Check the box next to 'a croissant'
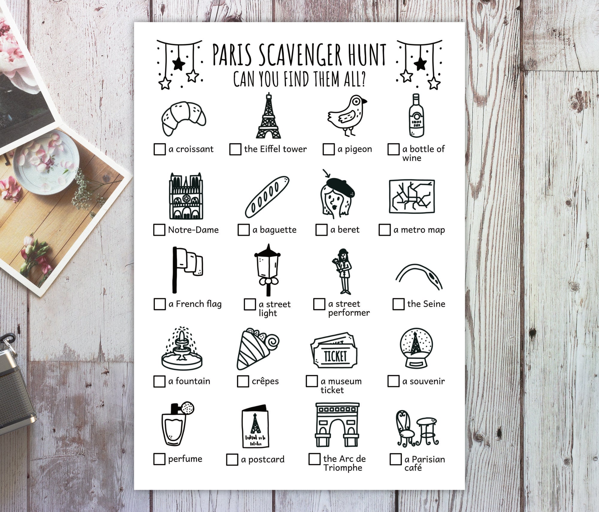159,149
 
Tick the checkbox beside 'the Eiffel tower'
235,149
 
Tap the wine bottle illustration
416,116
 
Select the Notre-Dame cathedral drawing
186,196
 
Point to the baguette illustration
267,197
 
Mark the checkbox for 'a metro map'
385,230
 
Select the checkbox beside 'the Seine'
398,304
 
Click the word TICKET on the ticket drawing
335,356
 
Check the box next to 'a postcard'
232,460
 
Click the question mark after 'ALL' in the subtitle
363,79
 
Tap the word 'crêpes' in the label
265,381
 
